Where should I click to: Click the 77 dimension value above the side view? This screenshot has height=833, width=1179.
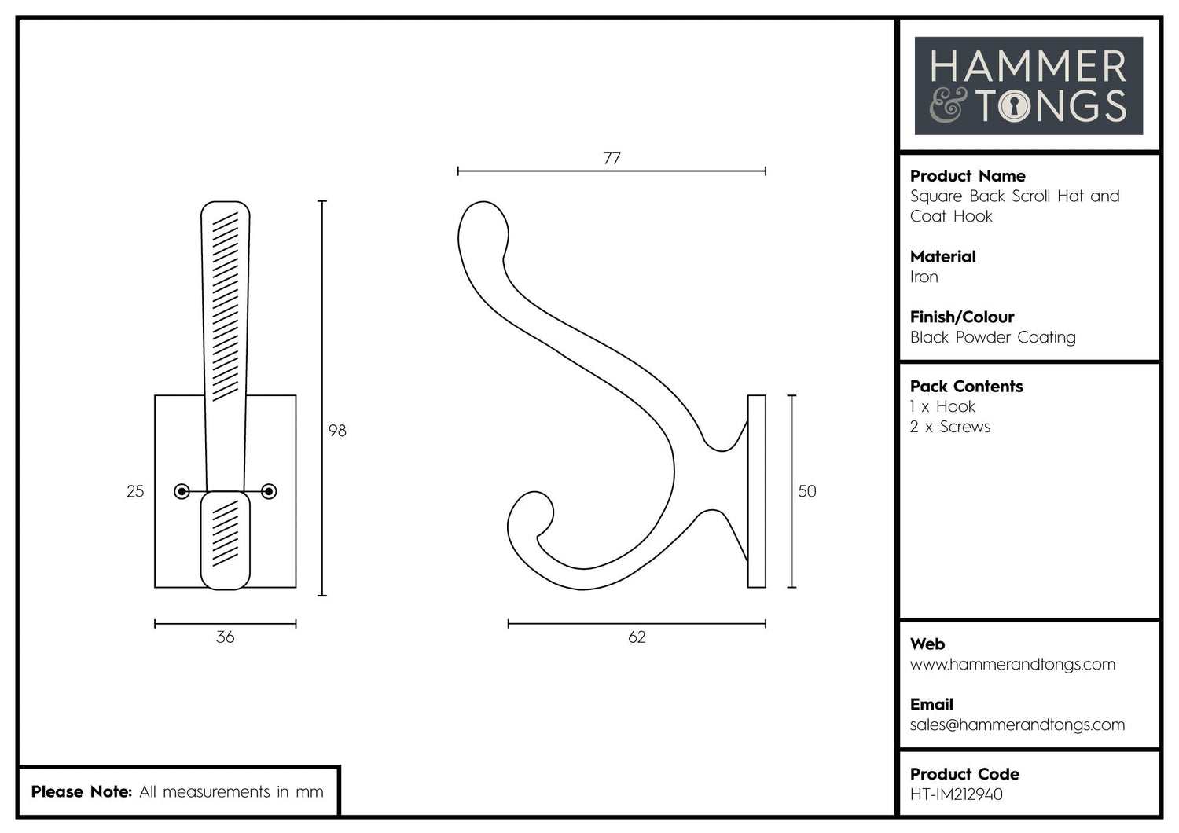[612, 158]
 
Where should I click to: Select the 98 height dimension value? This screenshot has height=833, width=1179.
[337, 431]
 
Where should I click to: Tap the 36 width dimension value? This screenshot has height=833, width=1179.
[225, 637]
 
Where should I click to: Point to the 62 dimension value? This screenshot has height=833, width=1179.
[637, 637]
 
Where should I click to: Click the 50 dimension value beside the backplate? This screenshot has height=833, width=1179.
[807, 491]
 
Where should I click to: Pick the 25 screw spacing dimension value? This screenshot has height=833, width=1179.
[135, 491]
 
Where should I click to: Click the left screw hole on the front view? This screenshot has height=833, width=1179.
[182, 492]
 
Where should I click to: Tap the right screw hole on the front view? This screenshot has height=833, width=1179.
[269, 492]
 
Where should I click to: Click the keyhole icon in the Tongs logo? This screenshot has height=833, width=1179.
[1014, 106]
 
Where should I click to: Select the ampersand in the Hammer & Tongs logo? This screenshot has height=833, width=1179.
[949, 105]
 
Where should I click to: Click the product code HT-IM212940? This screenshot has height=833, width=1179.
[956, 794]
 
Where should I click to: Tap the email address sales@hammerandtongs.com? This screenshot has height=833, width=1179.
[1017, 725]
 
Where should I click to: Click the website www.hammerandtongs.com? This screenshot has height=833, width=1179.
[1012, 664]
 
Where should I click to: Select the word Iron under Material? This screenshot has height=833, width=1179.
[924, 277]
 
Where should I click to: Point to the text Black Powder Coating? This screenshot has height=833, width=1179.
[993, 337]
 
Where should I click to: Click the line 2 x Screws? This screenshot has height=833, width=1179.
[950, 427]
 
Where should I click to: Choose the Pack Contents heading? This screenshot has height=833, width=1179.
[966, 387]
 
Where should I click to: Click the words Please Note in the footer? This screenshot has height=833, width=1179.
[81, 791]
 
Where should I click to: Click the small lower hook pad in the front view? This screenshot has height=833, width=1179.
[226, 541]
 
